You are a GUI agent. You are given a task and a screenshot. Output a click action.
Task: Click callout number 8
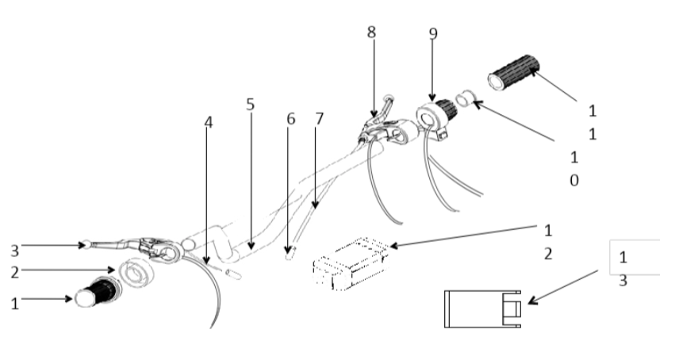coord(371,33)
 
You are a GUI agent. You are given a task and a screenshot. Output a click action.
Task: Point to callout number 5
coord(250,105)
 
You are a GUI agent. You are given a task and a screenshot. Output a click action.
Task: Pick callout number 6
coord(290,119)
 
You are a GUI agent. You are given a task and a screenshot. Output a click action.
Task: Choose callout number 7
coord(320,119)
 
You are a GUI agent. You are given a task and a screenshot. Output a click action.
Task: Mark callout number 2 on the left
coord(14,270)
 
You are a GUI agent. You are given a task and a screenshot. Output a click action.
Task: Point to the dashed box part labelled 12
coord(349,262)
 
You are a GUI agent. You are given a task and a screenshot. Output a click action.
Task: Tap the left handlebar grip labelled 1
coord(95,293)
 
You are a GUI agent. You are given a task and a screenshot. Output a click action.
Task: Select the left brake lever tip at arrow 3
coord(84,243)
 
